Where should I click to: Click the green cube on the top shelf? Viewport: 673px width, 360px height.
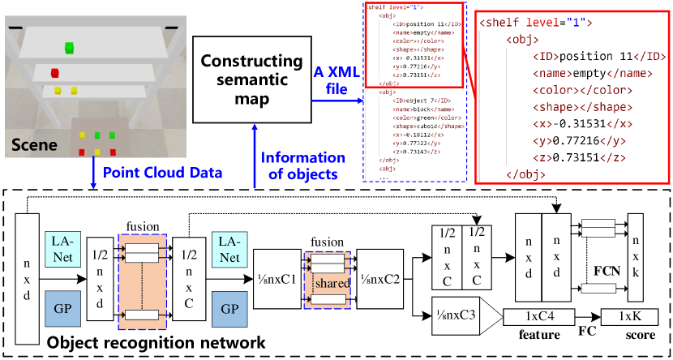[71, 47]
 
